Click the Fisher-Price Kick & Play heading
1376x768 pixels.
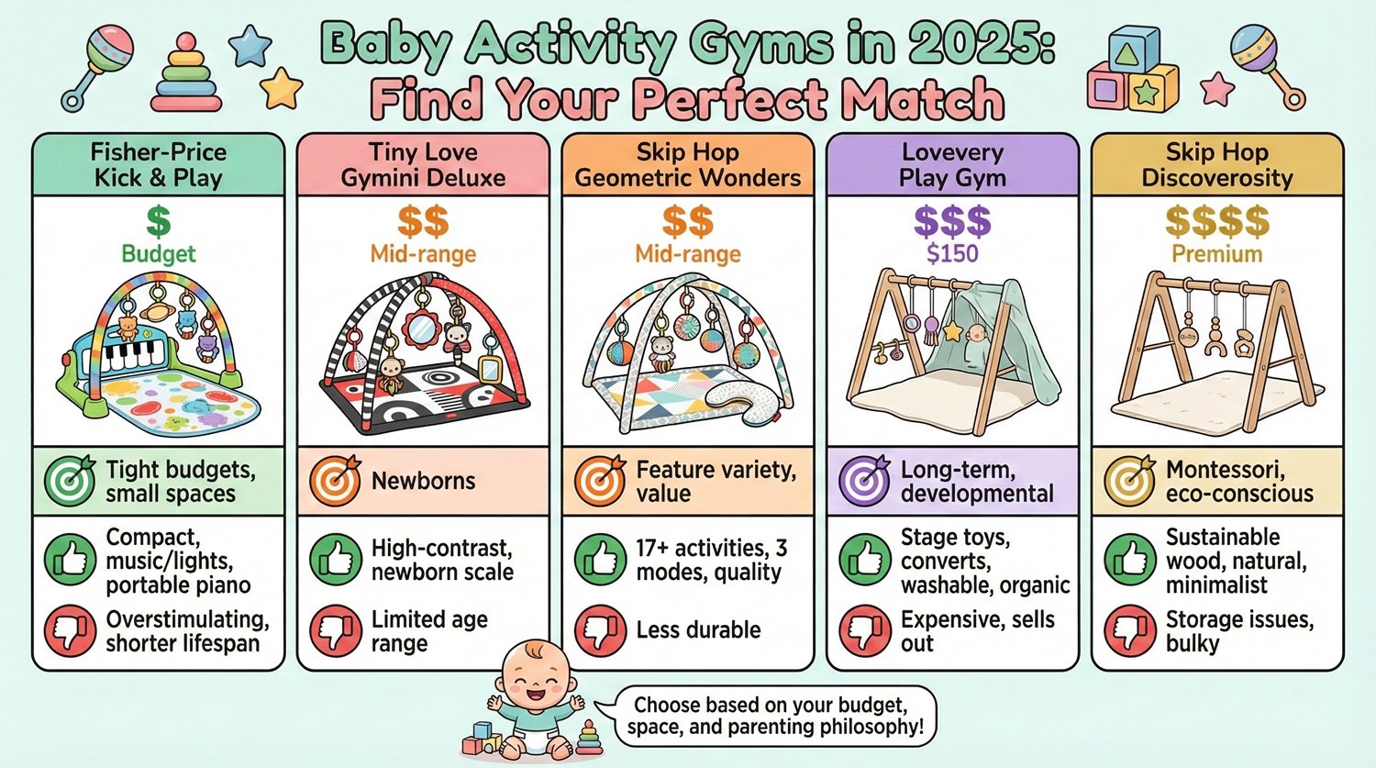point(159,165)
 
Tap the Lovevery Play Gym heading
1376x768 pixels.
point(952,165)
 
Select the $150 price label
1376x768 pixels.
point(952,253)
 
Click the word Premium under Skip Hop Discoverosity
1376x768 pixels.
point(1216,253)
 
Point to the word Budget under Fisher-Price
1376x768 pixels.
point(159,253)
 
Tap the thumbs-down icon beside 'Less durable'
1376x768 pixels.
point(600,630)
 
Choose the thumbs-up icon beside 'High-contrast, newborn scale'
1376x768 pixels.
point(335,560)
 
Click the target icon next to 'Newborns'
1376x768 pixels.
point(335,481)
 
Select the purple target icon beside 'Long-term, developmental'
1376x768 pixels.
point(864,481)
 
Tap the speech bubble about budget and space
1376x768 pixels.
point(771,717)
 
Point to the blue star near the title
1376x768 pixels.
point(250,46)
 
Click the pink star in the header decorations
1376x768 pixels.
point(1217,88)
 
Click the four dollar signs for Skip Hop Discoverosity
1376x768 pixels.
point(1216,221)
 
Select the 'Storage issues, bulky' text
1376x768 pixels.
point(1238,631)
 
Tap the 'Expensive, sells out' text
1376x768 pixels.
point(977,631)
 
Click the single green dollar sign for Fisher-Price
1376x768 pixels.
point(159,221)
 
